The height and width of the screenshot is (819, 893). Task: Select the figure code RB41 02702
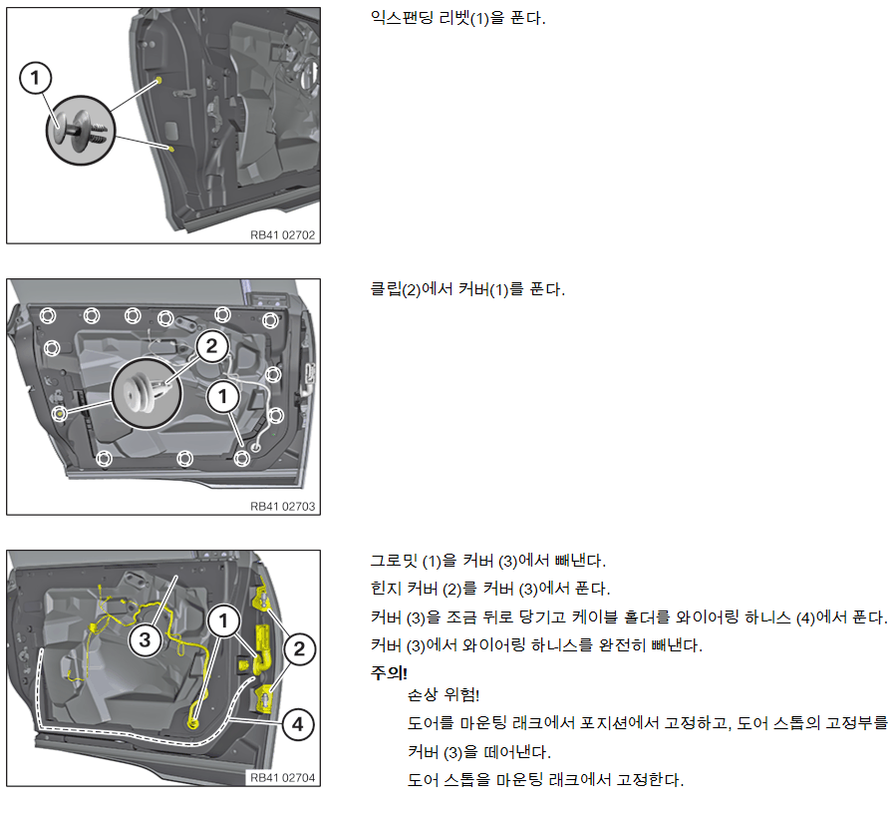click(x=283, y=235)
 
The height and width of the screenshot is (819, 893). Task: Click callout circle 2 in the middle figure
click(x=211, y=346)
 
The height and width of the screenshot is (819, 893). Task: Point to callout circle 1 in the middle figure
click(x=223, y=396)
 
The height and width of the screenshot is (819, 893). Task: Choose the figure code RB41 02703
click(x=283, y=507)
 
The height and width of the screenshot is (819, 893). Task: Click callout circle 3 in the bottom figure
click(x=145, y=639)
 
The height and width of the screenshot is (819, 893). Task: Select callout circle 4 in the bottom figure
click(x=296, y=725)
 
